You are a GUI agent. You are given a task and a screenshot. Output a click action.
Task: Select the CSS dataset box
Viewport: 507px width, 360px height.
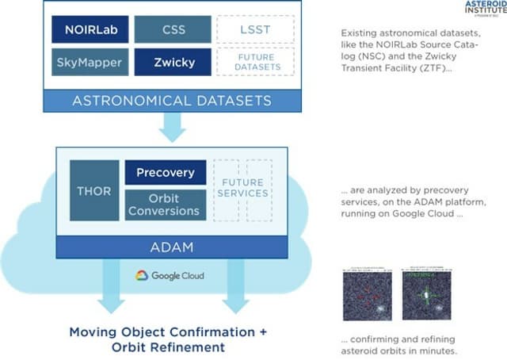(172, 29)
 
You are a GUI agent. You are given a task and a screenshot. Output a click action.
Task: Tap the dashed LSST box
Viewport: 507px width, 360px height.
(255, 29)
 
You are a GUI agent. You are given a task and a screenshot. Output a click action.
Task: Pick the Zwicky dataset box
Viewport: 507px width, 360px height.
(172, 62)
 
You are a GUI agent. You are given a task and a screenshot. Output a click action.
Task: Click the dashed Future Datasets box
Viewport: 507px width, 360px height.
(255, 62)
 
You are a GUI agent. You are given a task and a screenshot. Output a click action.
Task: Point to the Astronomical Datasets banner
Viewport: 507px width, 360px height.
(172, 100)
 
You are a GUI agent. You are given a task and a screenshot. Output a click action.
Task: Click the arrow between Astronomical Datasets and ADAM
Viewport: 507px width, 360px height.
(172, 126)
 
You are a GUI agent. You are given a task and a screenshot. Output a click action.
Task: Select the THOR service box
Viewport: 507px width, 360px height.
(93, 190)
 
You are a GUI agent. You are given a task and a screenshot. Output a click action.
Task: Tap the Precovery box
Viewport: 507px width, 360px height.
(165, 172)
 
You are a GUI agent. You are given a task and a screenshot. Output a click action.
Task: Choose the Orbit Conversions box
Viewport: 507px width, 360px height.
(165, 205)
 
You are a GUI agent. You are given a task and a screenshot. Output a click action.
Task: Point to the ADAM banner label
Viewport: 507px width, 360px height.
(171, 247)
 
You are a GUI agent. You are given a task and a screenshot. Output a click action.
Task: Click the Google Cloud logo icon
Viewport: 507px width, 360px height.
(142, 275)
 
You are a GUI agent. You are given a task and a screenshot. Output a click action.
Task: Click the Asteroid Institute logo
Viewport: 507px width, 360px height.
(482, 9)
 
